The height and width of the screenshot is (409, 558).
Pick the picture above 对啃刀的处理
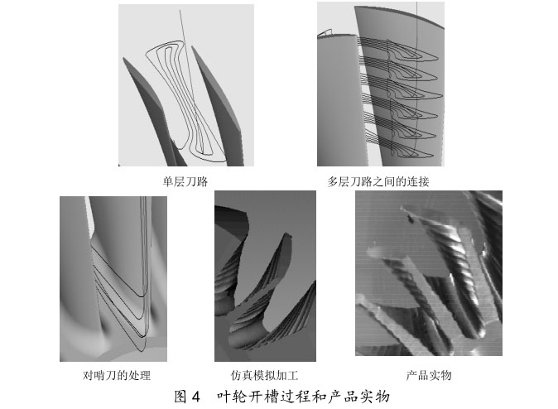[x=113, y=277]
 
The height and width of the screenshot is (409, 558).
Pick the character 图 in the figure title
[x=181, y=396]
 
